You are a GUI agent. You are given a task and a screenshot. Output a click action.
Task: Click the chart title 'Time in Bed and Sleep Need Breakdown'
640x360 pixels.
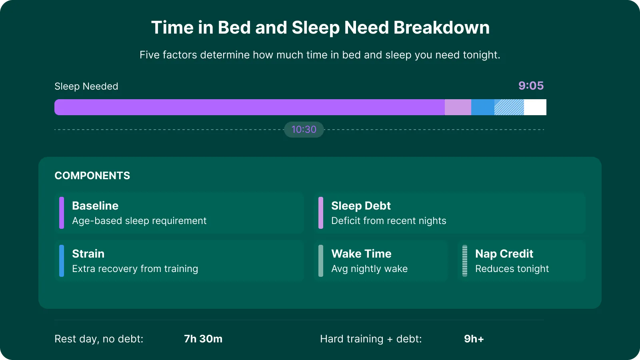click(x=320, y=28)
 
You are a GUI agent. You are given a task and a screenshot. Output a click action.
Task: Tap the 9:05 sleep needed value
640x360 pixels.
click(x=531, y=86)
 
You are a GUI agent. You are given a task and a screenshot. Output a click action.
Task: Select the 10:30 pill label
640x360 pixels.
click(x=304, y=130)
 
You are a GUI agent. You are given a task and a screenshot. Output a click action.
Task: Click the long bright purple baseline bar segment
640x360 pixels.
click(x=250, y=107)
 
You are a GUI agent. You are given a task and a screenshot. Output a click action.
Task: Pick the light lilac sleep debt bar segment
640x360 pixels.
click(x=458, y=107)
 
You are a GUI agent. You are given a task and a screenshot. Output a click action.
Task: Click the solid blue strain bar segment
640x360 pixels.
click(x=483, y=107)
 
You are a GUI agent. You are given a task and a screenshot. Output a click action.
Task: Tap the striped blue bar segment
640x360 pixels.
click(x=509, y=107)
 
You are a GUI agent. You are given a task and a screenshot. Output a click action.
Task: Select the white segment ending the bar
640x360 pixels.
click(x=535, y=107)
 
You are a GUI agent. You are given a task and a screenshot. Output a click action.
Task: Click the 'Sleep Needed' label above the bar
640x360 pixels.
click(x=86, y=86)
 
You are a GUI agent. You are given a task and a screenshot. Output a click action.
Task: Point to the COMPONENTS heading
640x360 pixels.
click(x=92, y=176)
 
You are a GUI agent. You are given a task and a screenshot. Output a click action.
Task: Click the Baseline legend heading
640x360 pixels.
click(x=95, y=206)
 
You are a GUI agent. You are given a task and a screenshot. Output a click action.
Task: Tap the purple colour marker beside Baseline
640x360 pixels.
click(x=62, y=213)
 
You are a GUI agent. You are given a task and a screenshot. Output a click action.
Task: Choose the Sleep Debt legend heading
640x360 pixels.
click(x=361, y=206)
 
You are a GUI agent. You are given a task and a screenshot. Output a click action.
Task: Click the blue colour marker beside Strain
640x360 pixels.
click(x=62, y=261)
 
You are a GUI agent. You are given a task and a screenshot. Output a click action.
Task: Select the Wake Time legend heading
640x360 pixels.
click(x=361, y=254)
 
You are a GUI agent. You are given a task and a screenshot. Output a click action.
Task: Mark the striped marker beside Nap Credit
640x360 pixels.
click(x=465, y=261)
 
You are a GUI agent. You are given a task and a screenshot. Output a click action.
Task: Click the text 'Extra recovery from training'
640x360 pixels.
click(x=135, y=269)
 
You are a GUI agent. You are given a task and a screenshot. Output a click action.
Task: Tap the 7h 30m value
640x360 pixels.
click(x=203, y=339)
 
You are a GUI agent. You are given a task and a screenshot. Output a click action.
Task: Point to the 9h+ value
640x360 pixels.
click(x=474, y=339)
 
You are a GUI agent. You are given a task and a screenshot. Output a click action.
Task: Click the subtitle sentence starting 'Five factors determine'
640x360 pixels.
click(x=320, y=55)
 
